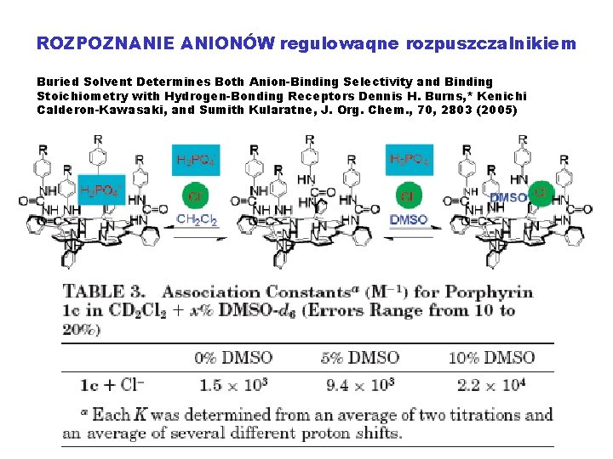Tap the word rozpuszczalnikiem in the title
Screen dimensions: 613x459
[x=491, y=42]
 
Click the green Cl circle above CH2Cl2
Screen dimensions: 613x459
[x=196, y=197]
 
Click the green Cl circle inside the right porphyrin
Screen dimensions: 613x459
[x=539, y=193]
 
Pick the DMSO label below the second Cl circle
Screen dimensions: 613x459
[x=408, y=220]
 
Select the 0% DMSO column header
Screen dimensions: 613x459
[x=232, y=357]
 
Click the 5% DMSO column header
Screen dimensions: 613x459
[x=360, y=357]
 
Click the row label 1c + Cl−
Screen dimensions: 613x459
[x=112, y=385]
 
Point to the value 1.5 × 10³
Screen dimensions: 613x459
[x=233, y=385]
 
